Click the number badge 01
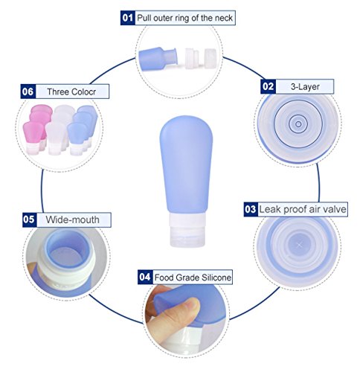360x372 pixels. click(x=127, y=16)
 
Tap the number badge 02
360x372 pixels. click(x=267, y=86)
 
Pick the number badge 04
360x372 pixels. click(x=144, y=278)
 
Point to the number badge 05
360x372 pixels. click(x=29, y=219)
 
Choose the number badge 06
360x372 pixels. click(x=28, y=92)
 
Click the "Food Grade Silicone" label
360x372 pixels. click(x=193, y=278)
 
